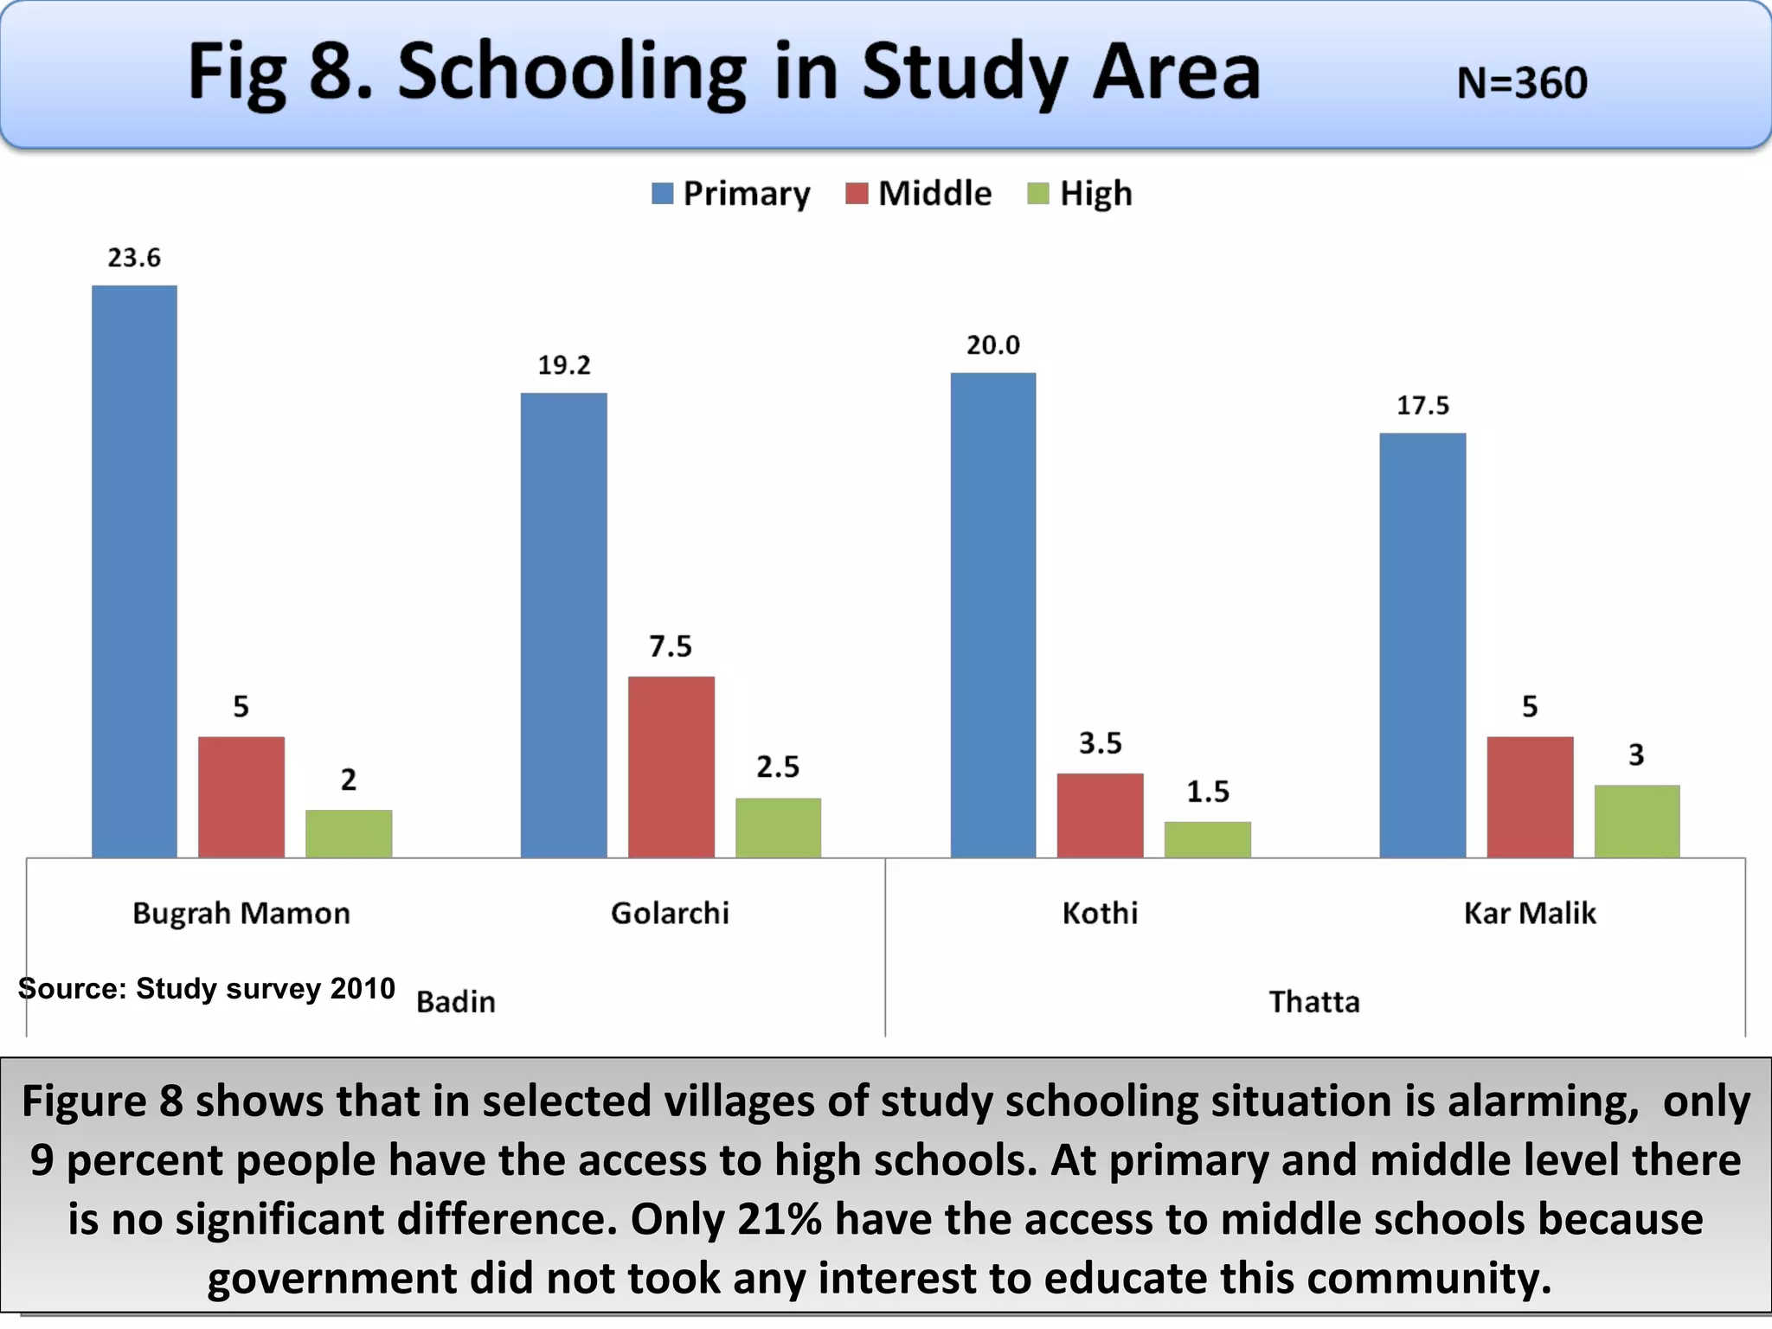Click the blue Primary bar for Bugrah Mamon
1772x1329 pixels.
point(134,571)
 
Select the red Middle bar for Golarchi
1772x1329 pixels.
point(671,767)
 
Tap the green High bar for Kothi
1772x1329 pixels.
point(1207,839)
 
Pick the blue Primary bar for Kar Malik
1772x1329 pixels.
point(1422,645)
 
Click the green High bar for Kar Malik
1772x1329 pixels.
point(1636,821)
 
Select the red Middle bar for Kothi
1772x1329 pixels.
point(1100,815)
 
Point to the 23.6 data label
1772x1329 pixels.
point(134,258)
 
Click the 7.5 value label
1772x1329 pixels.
point(671,646)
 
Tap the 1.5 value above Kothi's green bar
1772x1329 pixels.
point(1207,792)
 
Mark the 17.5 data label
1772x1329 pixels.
point(1422,406)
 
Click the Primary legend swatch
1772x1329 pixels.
point(662,194)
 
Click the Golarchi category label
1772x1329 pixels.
point(670,914)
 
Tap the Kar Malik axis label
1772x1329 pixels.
point(1529,914)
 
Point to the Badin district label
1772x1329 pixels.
point(456,1002)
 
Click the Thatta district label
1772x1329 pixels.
point(1314,1002)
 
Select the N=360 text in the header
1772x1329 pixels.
point(1522,84)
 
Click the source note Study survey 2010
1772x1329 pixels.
point(206,988)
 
